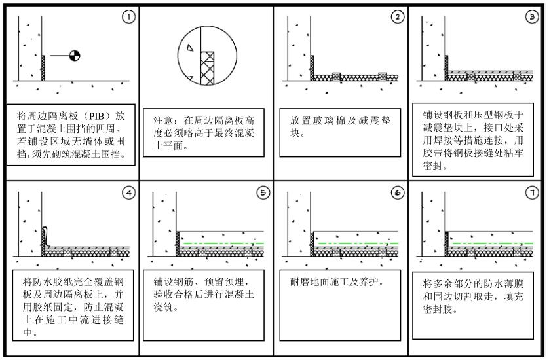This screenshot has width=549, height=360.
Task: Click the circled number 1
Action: (128, 16)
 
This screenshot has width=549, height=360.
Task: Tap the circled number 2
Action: (398, 16)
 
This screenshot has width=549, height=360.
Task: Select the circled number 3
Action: (532, 16)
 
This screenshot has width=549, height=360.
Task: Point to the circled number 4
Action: (128, 192)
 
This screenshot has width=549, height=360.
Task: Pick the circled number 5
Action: (263, 192)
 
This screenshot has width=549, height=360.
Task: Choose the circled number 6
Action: (398, 192)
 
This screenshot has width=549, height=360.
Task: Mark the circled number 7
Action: (532, 192)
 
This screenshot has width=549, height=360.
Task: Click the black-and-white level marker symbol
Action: (75, 55)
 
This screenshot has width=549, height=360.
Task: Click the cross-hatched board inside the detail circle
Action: (207, 68)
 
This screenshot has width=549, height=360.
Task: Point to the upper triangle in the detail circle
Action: (190, 48)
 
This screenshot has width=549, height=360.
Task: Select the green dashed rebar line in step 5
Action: (223, 243)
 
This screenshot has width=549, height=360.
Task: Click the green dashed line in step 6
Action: (358, 243)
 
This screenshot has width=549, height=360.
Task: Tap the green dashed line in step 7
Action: (492, 243)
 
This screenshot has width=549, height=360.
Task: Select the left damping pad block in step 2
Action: (336, 77)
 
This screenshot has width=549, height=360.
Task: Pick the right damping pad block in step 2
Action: (383, 77)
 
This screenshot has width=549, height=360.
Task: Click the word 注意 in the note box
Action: (163, 120)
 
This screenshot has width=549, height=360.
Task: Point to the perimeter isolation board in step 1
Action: (43, 68)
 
